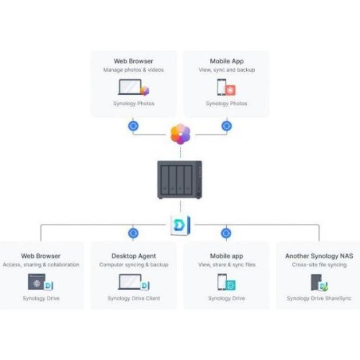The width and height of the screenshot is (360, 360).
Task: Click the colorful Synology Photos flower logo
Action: point(179,134)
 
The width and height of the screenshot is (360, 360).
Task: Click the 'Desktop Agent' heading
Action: point(133,256)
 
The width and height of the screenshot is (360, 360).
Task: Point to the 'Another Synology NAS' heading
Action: point(318,256)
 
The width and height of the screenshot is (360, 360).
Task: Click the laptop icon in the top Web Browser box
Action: point(130,88)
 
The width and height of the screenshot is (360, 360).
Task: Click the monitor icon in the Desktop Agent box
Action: point(132,282)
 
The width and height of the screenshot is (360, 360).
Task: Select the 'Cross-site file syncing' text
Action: point(318,264)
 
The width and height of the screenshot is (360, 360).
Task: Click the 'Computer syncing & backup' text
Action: point(133,264)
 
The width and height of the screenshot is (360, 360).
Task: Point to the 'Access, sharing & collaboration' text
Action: point(41,264)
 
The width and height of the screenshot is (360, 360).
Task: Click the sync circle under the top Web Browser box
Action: point(133,125)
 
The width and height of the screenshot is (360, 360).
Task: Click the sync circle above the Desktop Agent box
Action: point(133,233)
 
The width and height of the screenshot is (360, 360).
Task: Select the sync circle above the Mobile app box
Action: point(226,233)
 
